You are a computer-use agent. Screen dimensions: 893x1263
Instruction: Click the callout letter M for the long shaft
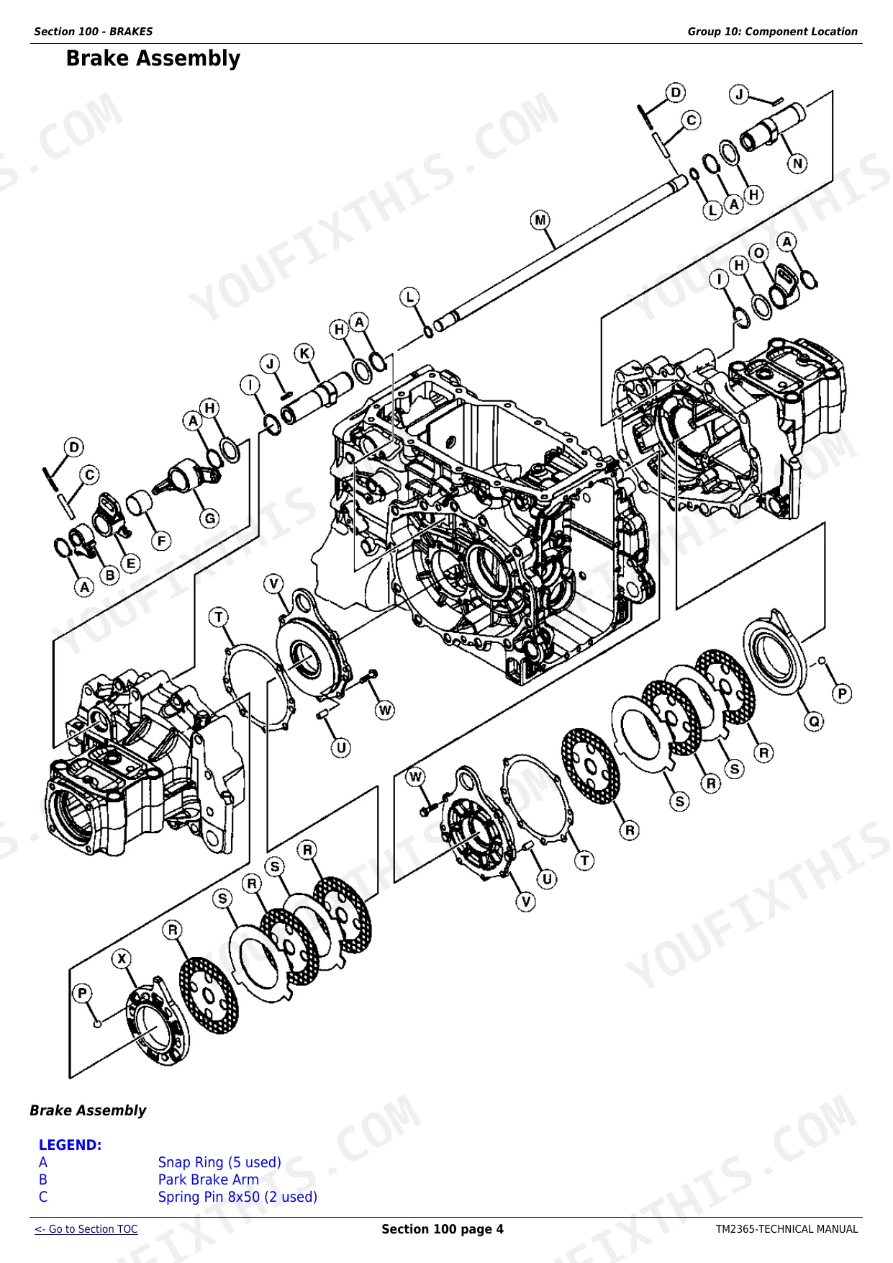coord(540,220)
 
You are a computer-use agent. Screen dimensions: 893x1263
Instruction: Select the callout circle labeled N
coord(797,163)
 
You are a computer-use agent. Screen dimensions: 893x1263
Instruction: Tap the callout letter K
coord(305,354)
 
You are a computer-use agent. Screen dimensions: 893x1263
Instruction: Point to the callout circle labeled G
coord(210,518)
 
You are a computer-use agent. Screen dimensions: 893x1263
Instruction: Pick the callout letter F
coord(161,541)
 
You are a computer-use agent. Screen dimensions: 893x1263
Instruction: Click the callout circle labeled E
coord(130,563)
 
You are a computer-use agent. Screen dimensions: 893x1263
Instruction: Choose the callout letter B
coord(110,575)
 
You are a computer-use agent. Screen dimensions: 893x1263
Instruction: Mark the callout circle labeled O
coord(759,253)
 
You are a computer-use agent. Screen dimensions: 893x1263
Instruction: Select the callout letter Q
coord(814,722)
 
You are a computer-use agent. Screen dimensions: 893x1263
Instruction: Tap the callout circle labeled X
coord(122,959)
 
